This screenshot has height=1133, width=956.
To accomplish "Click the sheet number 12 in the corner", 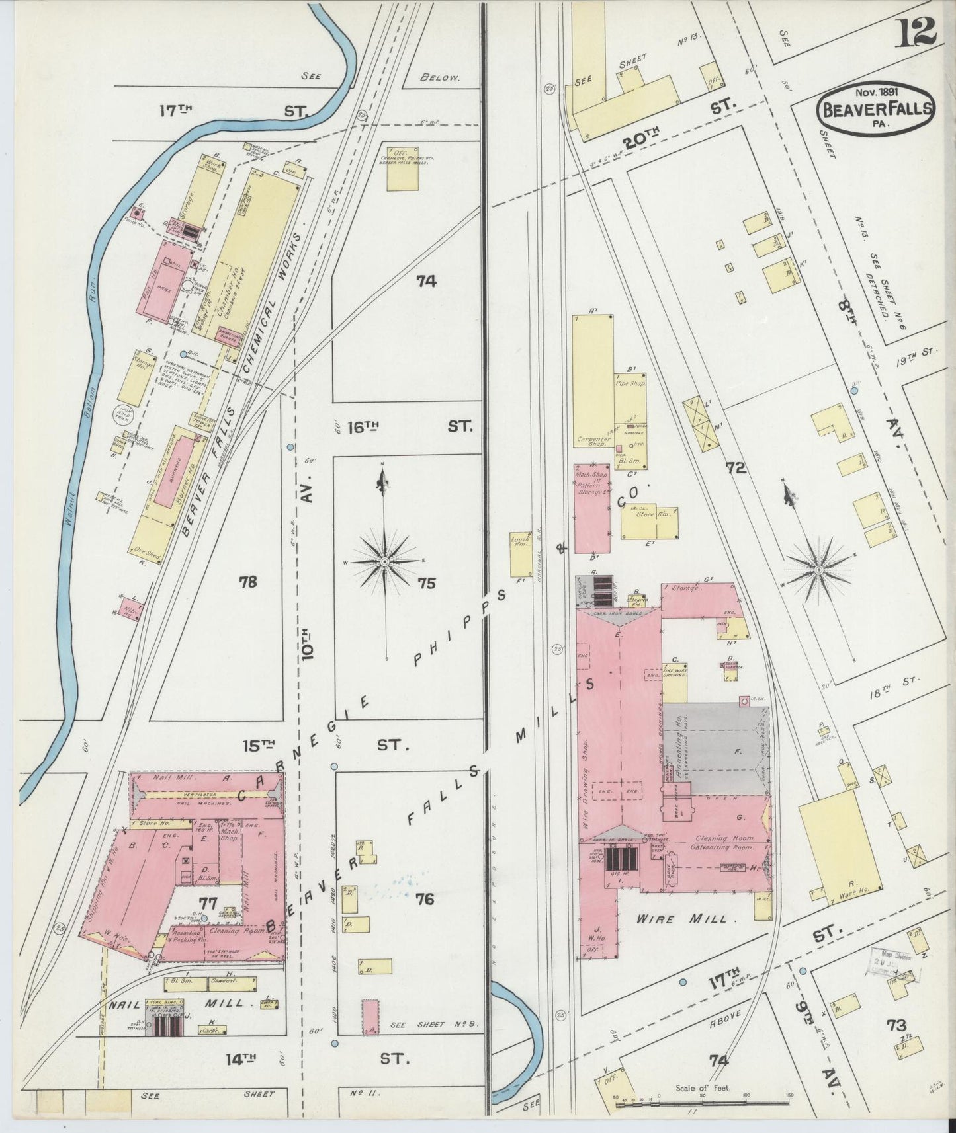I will (917, 31).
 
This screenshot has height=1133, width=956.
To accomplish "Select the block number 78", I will (248, 582).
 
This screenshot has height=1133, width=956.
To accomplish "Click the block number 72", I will (736, 468).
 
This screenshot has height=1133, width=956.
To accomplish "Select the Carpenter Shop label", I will (593, 441).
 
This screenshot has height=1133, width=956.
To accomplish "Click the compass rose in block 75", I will (384, 562).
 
